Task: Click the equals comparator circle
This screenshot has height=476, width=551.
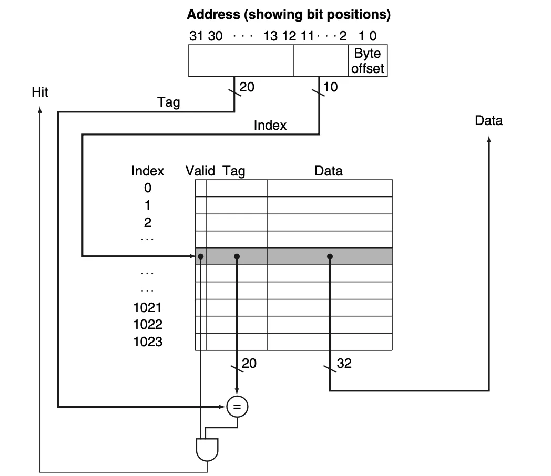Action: pos(237,407)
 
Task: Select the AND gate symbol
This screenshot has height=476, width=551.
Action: pos(207,448)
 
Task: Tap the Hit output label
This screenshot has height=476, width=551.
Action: pos(40,92)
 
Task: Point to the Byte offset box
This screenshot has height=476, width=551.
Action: pos(368,61)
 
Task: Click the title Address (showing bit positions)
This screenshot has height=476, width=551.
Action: pos(289,15)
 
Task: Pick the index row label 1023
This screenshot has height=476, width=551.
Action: pos(148,342)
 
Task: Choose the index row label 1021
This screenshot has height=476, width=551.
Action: pos(148,307)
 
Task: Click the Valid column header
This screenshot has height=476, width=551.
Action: pos(200,171)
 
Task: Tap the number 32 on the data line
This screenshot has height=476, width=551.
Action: pos(344,363)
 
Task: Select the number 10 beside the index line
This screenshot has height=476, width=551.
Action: pos(331,87)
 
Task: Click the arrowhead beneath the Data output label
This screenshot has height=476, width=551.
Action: pos(489,140)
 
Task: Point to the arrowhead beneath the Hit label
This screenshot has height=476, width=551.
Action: pos(40,110)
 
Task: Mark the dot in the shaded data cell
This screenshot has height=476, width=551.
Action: pos(330,256)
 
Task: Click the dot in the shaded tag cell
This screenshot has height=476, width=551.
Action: pos(237,256)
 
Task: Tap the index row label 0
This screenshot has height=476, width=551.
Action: pos(148,188)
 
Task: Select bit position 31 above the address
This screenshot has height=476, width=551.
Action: pos(196,36)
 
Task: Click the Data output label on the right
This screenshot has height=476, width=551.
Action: pos(488,121)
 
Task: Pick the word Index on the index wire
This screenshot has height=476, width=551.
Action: pos(270,125)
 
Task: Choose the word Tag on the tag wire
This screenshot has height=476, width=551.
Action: pos(168,102)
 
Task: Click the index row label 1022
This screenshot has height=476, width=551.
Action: pos(148,325)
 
